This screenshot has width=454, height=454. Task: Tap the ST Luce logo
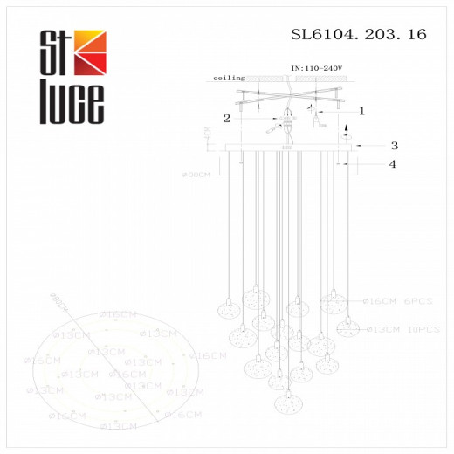pos(72,77)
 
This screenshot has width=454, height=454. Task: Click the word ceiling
pos(229,78)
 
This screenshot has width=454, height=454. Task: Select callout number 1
pos(361,111)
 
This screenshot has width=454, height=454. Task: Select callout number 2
pos(226,117)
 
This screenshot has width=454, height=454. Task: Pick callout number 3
pos(394,146)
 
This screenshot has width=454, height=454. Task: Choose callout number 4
pos(393,164)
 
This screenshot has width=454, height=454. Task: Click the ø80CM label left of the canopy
pos(196,175)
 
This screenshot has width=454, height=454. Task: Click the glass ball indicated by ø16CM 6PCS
pos(332,303)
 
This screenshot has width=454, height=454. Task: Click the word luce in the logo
pos(72,103)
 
